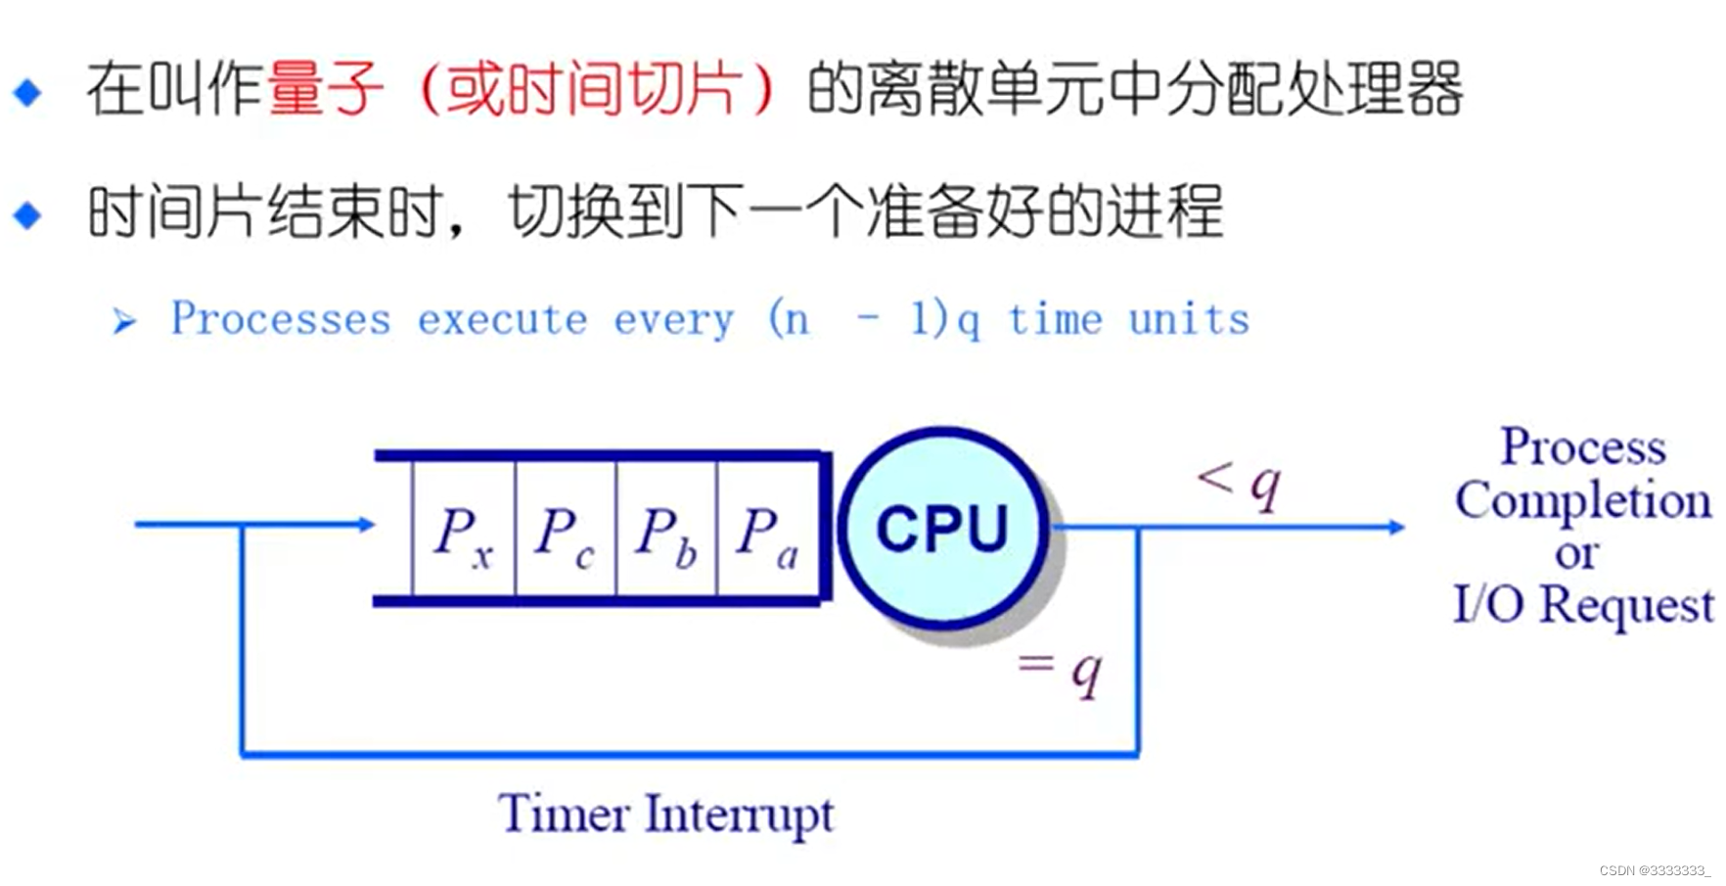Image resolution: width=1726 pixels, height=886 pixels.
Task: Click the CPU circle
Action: click(941, 528)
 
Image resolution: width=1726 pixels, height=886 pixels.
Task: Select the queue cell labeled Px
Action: click(464, 530)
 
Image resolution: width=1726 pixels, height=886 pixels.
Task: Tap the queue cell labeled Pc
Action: click(566, 530)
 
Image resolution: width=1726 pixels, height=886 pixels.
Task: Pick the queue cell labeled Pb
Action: click(666, 530)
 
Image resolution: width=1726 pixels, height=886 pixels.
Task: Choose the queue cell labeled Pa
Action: click(768, 530)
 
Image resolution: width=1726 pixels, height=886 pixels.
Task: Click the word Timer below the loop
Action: click(563, 814)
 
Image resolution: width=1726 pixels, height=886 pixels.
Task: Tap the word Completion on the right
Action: click(1582, 501)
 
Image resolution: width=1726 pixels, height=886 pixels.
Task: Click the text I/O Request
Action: click(1582, 605)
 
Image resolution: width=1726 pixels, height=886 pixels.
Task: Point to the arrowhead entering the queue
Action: click(367, 525)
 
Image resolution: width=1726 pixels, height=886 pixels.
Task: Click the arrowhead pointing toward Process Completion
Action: click(1396, 527)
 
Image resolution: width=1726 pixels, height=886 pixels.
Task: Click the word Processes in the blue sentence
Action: click(281, 319)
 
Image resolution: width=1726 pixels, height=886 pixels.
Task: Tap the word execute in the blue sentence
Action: click(503, 319)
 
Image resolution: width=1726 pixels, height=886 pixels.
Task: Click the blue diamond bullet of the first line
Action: click(27, 92)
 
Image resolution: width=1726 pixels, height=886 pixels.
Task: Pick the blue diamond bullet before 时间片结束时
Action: click(27, 214)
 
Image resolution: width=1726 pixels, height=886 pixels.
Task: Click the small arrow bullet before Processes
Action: click(123, 320)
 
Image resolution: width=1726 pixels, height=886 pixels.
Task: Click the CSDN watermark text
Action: click(1655, 870)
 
